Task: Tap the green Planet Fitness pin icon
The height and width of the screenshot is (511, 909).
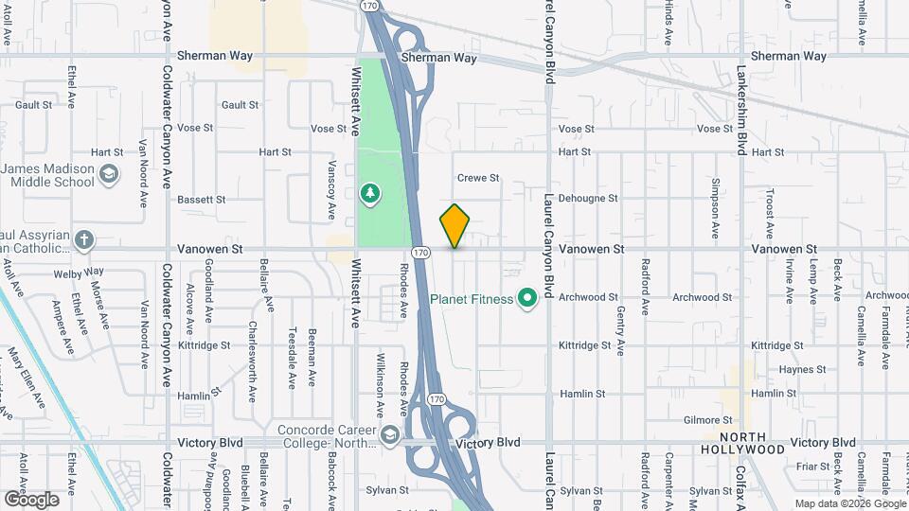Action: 527,299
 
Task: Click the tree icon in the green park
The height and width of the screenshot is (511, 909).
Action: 370,195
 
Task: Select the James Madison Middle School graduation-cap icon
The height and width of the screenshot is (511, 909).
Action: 110,173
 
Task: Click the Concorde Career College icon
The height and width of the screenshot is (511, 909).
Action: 390,433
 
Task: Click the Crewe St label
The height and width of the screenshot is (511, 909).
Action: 477,178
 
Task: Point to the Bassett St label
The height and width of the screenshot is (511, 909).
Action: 201,200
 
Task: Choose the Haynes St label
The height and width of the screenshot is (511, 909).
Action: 774,370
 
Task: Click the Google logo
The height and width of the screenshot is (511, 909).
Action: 31,499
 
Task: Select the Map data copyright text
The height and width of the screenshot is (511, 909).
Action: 848,503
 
